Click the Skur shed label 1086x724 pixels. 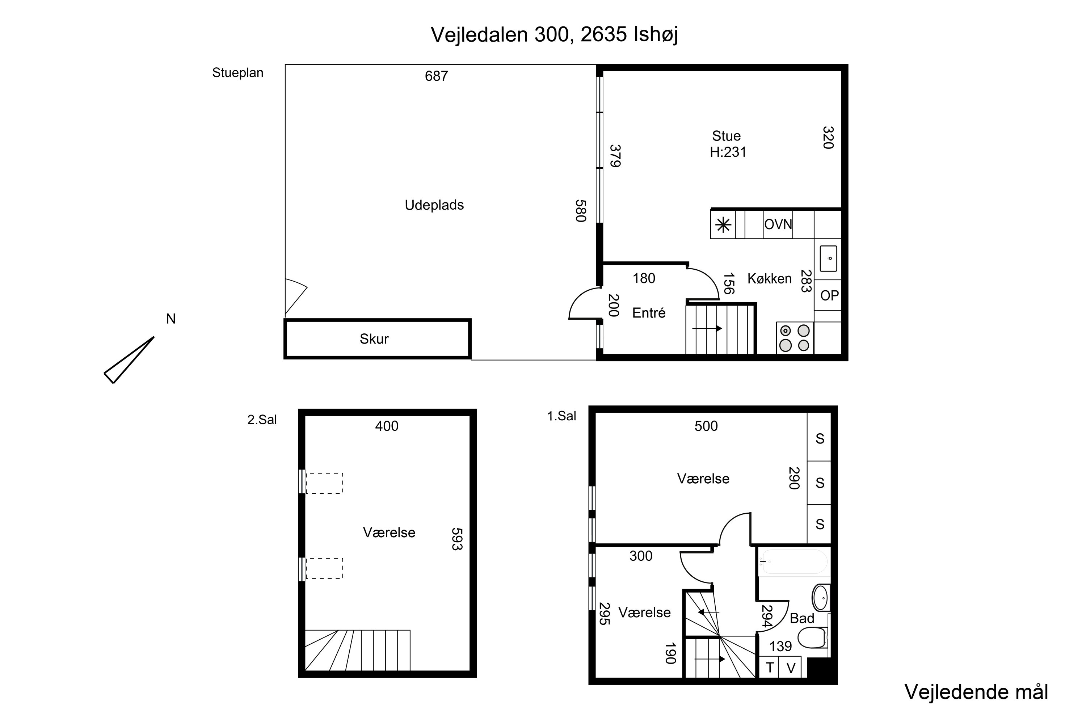(x=374, y=339)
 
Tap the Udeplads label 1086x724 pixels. (x=434, y=205)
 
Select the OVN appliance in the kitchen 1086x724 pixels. (x=778, y=224)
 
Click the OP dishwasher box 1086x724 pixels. (x=829, y=295)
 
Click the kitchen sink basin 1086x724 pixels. (x=828, y=258)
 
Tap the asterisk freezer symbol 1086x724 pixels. (x=723, y=225)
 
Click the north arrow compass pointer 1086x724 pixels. (x=129, y=360)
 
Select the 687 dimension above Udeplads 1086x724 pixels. (x=436, y=76)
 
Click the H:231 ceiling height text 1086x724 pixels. (x=728, y=152)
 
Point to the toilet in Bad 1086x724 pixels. (x=813, y=637)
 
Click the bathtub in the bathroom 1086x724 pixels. (x=794, y=563)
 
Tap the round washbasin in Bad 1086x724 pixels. (x=821, y=598)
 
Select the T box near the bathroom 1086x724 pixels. (x=769, y=668)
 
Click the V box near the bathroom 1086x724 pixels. (x=791, y=668)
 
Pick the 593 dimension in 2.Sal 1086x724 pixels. (x=456, y=539)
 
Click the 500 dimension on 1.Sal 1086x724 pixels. (x=706, y=426)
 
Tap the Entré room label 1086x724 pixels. (x=649, y=313)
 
